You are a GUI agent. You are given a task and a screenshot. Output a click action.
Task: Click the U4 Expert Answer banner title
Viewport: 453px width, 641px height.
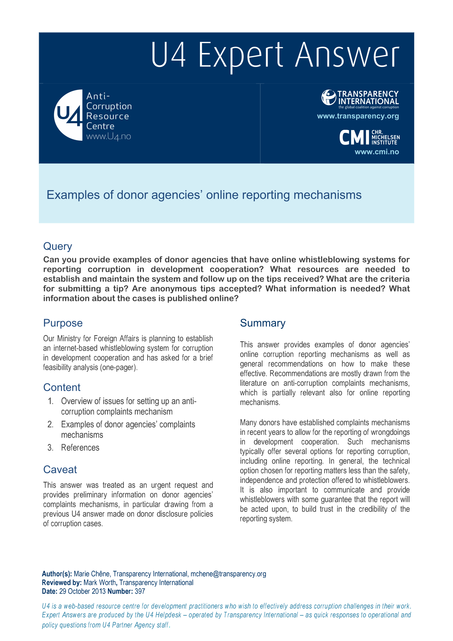pyautogui.click(x=275, y=55)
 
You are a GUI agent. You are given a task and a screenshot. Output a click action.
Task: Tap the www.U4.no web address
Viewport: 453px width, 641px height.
pyautogui.click(x=108, y=136)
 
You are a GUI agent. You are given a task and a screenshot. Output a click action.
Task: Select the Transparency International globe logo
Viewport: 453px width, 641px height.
pyautogui.click(x=328, y=98)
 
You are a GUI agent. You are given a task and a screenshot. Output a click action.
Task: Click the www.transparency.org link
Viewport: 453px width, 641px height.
pyautogui.click(x=358, y=116)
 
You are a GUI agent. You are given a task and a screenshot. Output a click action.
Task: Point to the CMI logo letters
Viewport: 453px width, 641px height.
pyautogui.click(x=355, y=138)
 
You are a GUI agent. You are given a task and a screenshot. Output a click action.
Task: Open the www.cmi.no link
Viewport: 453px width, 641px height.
pyautogui.click(x=376, y=152)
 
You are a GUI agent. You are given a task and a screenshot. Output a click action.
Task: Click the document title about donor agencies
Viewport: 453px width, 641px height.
pyautogui.click(x=204, y=195)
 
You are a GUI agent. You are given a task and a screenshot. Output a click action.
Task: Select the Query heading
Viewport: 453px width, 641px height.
pyautogui.click(x=58, y=246)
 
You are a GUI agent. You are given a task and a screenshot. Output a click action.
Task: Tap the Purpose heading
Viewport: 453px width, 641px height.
pyautogui.click(x=63, y=323)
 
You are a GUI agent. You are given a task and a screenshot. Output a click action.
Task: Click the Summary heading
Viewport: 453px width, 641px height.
pyautogui.click(x=262, y=323)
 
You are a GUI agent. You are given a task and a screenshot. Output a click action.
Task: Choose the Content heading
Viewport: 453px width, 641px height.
pyautogui.click(x=62, y=387)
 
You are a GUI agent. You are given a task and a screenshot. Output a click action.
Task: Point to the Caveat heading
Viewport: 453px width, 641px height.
pyautogui.click(x=60, y=470)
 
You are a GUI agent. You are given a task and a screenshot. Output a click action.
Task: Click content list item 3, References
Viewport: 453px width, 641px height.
pyautogui.click(x=80, y=448)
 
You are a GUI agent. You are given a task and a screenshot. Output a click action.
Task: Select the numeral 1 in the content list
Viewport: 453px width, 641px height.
pyautogui.click(x=51, y=401)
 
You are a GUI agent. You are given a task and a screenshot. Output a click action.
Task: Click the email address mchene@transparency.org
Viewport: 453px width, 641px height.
pyautogui.click(x=228, y=574)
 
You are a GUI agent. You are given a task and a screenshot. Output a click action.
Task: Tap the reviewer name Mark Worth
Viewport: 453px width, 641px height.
pyautogui.click(x=100, y=583)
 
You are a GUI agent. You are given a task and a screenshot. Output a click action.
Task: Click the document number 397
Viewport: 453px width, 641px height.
pyautogui.click(x=140, y=591)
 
